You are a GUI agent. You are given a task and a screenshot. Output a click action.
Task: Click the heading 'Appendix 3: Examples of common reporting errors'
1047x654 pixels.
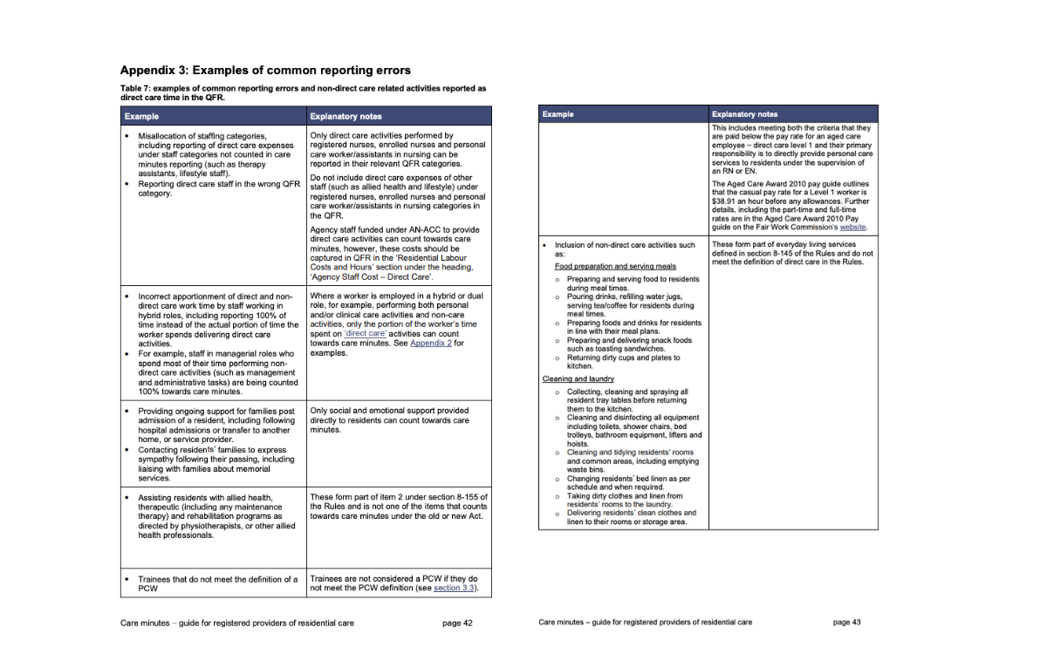265,70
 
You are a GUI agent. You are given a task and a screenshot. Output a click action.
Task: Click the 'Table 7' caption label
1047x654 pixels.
136,89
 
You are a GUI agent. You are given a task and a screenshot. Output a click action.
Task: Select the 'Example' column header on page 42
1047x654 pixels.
141,116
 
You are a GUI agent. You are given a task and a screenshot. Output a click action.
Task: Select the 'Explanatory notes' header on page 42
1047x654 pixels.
346,116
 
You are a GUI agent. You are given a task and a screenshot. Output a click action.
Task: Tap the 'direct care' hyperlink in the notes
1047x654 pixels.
366,333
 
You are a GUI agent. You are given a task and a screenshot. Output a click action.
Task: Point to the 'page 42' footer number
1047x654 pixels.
456,623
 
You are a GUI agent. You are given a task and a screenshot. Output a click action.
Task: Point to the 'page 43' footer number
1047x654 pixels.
846,622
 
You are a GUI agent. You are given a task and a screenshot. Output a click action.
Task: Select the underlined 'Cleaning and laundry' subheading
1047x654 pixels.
578,379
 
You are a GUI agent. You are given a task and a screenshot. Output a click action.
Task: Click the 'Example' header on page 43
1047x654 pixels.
558,114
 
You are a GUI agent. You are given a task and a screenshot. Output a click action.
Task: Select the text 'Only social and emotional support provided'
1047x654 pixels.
389,411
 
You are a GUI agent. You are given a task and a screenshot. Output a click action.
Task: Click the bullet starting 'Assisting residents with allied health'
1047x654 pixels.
205,498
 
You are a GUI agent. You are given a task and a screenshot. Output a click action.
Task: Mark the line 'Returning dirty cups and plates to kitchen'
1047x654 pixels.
623,362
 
